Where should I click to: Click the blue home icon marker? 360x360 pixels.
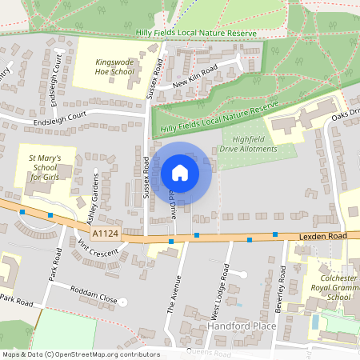(x=180, y=173)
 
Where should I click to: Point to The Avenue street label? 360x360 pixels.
(x=174, y=292)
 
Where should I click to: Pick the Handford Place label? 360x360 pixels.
(x=242, y=326)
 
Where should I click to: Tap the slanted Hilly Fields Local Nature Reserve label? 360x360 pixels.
(x=218, y=118)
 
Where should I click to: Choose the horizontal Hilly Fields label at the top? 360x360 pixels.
(x=195, y=34)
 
